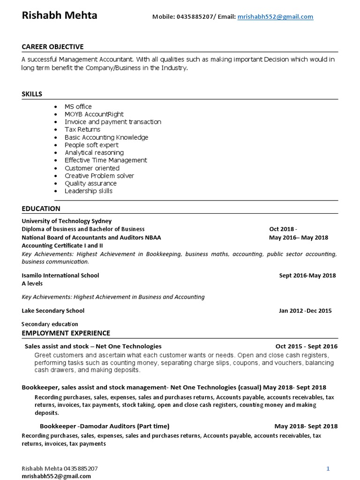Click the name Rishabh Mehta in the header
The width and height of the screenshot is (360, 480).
[x=60, y=15]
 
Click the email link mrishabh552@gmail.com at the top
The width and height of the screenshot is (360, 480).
[x=275, y=17]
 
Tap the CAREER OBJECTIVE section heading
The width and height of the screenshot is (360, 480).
[x=52, y=47]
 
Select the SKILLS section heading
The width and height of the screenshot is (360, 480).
[x=32, y=94]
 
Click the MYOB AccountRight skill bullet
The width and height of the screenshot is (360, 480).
[x=94, y=114]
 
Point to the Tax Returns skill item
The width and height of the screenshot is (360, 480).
[x=82, y=129]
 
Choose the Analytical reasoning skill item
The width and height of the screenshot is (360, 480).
[x=94, y=152]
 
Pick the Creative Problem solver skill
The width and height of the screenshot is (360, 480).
[x=99, y=176]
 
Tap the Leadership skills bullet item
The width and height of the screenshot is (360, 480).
[x=89, y=191]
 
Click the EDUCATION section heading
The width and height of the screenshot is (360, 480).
[x=41, y=209]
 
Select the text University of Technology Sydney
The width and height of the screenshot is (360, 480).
[x=67, y=221]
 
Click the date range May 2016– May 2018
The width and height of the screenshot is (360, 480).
[x=299, y=237]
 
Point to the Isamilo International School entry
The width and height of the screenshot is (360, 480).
[x=60, y=275]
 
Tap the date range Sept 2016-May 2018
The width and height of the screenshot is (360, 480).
[x=307, y=275]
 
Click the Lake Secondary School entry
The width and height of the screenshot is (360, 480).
[x=53, y=310]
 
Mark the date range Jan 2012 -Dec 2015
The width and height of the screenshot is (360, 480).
[x=305, y=310]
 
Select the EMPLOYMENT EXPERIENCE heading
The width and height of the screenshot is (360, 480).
[x=66, y=333]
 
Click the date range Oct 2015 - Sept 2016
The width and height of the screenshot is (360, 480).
[x=307, y=346]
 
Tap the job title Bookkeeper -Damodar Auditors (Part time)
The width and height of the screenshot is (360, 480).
[x=105, y=426]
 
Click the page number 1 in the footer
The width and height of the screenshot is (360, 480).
[x=328, y=468]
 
